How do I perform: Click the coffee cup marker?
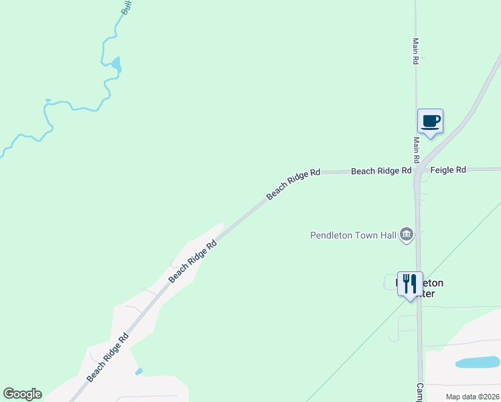430,122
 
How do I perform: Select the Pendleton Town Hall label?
353,235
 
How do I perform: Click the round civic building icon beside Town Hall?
406,234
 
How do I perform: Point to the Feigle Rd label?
448,171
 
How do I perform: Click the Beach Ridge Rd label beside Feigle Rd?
381,172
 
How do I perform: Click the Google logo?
22,394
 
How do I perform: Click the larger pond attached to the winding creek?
117,64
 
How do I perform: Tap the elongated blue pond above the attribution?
478,362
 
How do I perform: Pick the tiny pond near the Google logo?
139,371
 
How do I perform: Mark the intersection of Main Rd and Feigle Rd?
417,172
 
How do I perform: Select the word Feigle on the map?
441,171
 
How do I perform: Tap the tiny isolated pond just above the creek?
48,100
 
